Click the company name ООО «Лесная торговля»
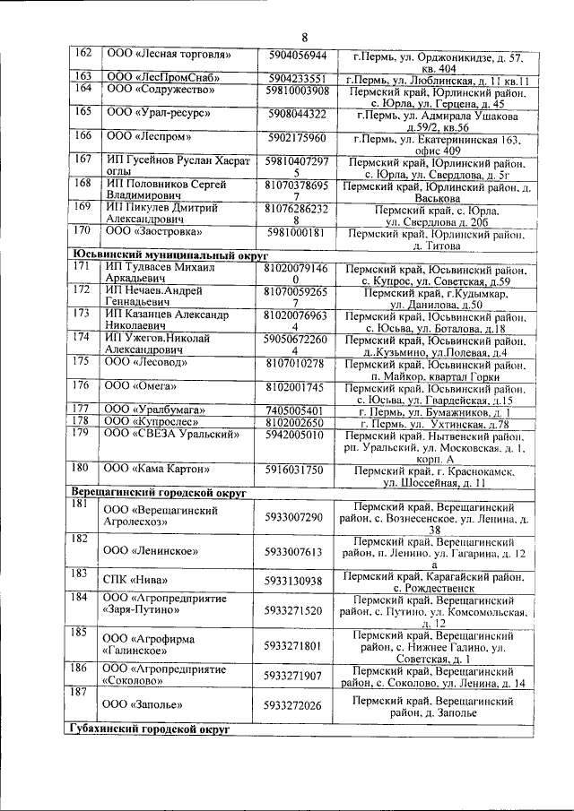click(x=152, y=56)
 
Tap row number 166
click(x=83, y=137)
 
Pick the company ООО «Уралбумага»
click(x=148, y=410)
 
